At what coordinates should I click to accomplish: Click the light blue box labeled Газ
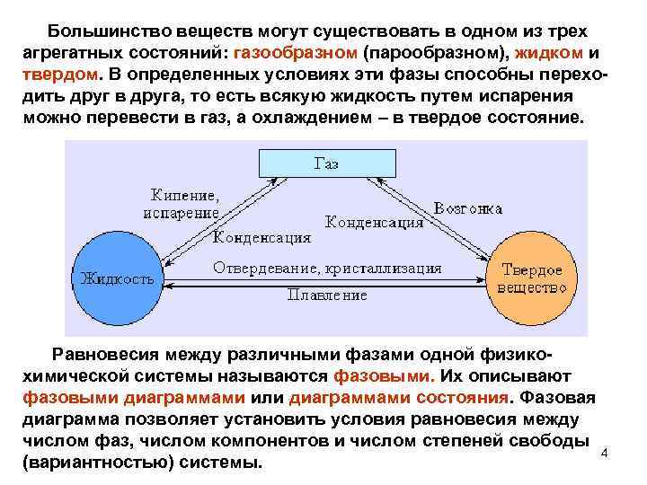point(325,163)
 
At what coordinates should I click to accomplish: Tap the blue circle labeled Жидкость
point(117,277)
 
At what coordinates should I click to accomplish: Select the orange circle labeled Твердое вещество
point(531,278)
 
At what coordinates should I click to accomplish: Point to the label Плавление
point(327,294)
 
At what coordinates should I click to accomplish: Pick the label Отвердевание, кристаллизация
point(327,268)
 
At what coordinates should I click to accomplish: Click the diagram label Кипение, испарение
point(181,203)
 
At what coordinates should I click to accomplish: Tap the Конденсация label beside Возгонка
point(373,221)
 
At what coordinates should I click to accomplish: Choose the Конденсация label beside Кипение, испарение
point(262,238)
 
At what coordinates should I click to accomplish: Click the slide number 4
point(604,452)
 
